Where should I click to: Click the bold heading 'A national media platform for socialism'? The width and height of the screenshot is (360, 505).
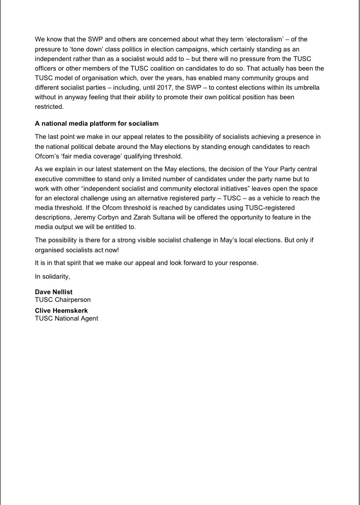point(96,123)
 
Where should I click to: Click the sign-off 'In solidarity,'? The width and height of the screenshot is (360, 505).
point(52,276)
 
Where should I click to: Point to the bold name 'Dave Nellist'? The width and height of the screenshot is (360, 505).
point(54,292)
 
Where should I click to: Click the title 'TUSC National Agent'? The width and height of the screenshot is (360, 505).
point(66,318)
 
